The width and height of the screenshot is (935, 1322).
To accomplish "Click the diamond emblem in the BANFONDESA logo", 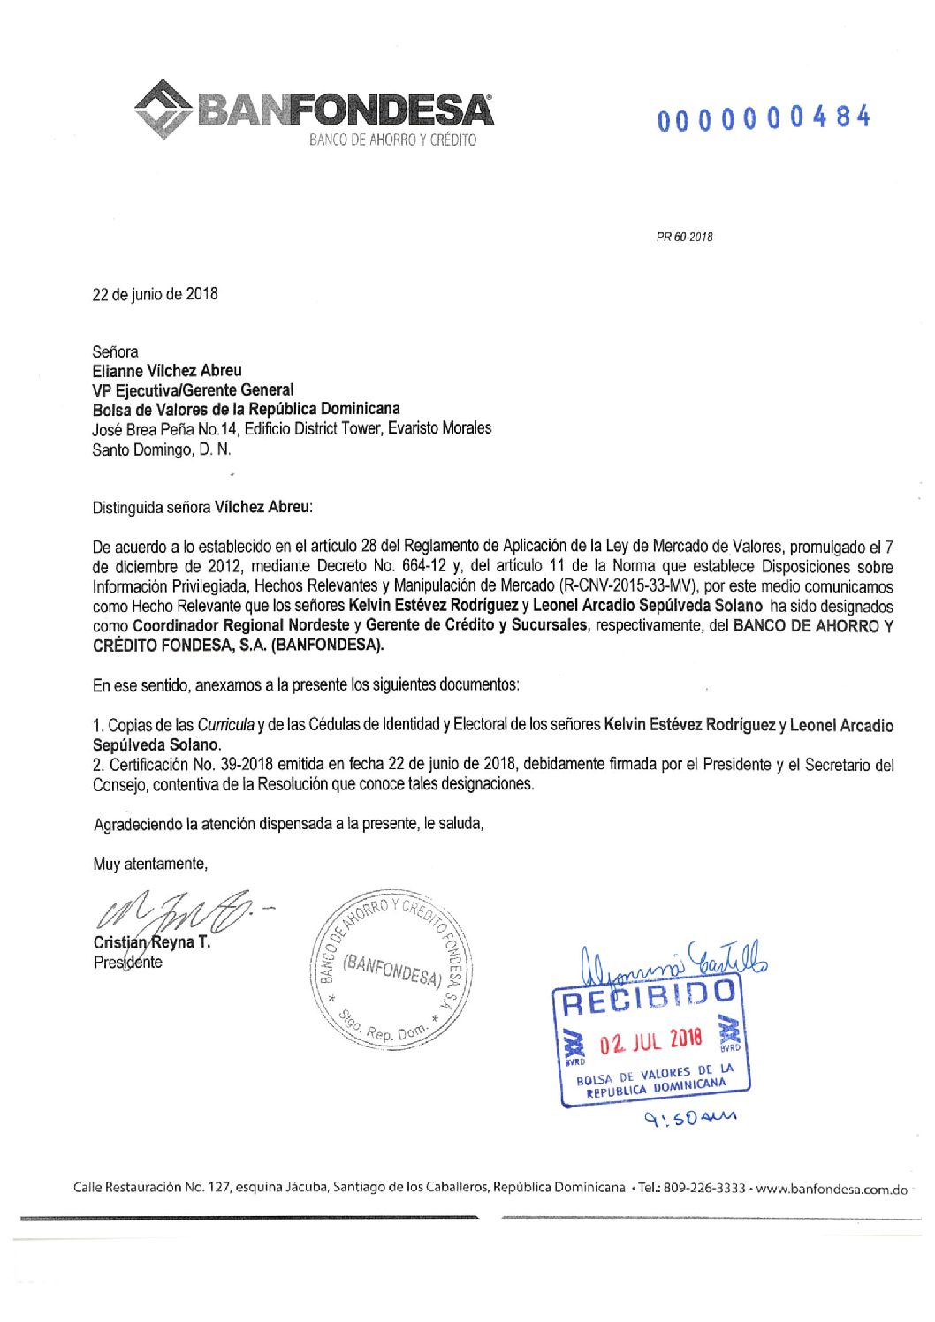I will (163, 110).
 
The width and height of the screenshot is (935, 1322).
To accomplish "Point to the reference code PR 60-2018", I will (684, 237).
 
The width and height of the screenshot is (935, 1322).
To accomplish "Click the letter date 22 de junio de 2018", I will (155, 294).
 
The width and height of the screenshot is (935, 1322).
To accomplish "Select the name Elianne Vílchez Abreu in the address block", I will (167, 371).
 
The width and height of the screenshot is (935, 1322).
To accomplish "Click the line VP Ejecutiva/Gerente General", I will (193, 390).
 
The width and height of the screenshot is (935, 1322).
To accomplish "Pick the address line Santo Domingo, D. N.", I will (161, 449).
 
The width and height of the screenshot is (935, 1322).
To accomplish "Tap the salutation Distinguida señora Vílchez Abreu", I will (202, 508).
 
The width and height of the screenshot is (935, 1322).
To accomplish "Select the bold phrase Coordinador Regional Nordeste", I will (240, 625).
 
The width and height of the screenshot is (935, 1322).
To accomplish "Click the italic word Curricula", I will (225, 725).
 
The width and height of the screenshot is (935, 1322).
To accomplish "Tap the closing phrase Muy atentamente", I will (150, 864).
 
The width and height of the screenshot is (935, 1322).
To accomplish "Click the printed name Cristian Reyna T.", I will (152, 942).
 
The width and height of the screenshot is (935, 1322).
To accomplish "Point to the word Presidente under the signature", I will (128, 963).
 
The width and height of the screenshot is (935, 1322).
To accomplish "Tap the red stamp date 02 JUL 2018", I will (651, 1041).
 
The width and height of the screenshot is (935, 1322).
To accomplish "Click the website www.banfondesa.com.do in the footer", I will (832, 1189).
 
